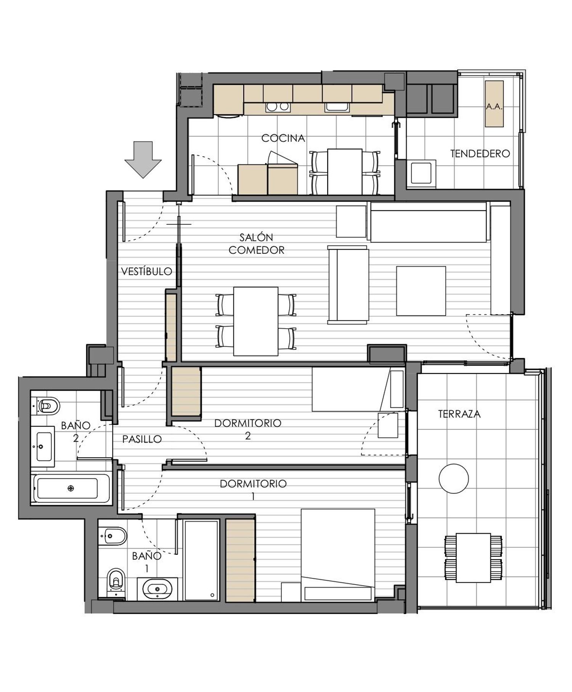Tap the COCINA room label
pyautogui.click(x=283, y=138)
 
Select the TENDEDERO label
pyautogui.click(x=480, y=154)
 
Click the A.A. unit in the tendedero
pyautogui.click(x=494, y=104)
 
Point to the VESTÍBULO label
pyautogui.click(x=147, y=271)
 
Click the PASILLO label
pyautogui.click(x=142, y=439)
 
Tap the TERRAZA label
pyautogui.click(x=459, y=414)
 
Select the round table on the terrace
pyautogui.click(x=453, y=478)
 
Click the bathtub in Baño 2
pyautogui.click(x=71, y=488)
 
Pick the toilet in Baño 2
pyautogui.click(x=47, y=406)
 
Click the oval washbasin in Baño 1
pyautogui.click(x=157, y=589)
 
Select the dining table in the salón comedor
pyautogui.click(x=255, y=321)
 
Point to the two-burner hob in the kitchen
pyautogui.click(x=278, y=107)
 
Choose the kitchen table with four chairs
pyautogui.click(x=345, y=172)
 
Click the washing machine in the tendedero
pyautogui.click(x=421, y=174)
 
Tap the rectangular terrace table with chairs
pyautogui.click(x=473, y=558)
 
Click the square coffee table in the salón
pyautogui.click(x=421, y=291)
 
